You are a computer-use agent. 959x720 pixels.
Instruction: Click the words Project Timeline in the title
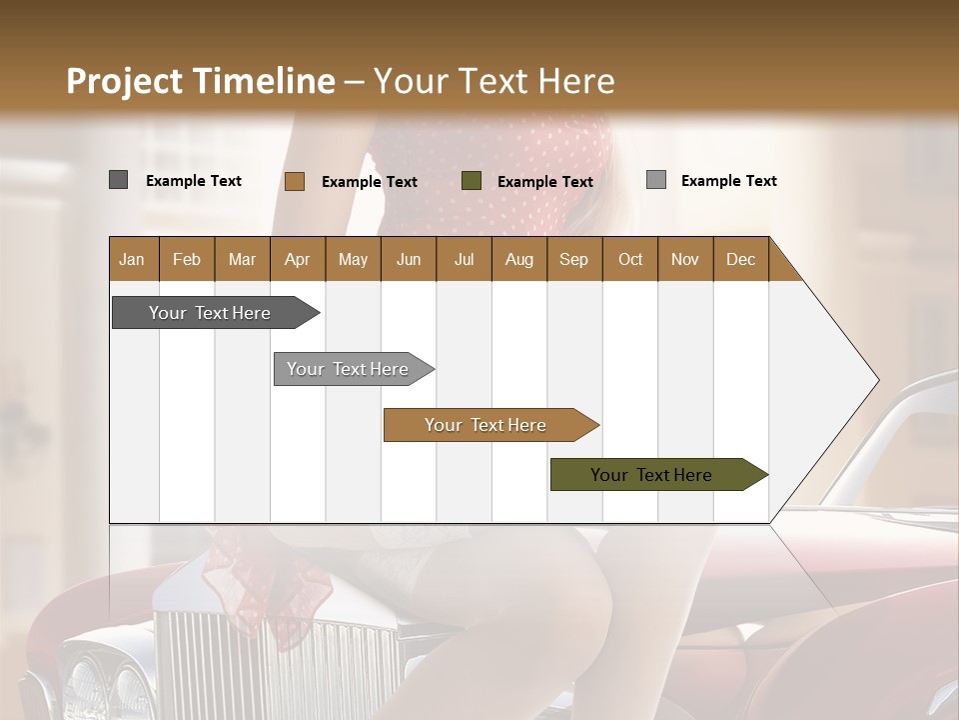200,81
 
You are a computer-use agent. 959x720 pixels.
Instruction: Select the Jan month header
133,259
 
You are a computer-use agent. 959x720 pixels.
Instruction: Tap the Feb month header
187,259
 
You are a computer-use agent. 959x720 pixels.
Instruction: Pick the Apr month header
297,259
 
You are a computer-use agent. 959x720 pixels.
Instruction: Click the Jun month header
409,259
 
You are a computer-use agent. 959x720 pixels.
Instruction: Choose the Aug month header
518,259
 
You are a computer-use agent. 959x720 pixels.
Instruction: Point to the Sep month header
573,259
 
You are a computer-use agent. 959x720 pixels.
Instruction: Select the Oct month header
630,259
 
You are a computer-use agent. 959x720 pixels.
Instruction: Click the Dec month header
740,259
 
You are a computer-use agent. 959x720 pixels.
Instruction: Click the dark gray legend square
118,180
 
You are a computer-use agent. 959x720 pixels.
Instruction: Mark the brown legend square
295,181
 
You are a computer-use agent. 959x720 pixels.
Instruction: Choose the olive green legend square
472,181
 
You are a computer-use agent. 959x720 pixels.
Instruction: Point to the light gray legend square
656,180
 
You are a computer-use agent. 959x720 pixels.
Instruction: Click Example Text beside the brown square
370,182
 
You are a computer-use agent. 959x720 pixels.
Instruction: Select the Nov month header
684,259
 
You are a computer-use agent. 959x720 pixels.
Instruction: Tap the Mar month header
242,259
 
